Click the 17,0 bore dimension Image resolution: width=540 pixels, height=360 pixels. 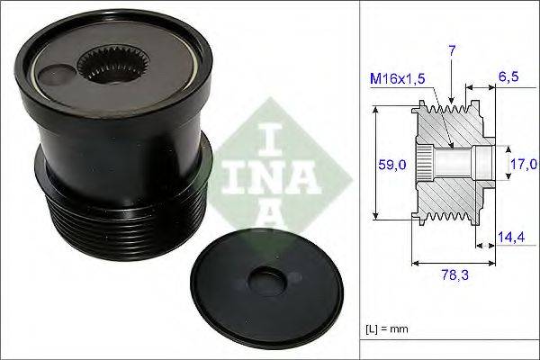click(523, 165)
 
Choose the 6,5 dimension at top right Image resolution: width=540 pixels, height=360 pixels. click(508, 78)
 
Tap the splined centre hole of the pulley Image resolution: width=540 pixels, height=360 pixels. click(109, 66)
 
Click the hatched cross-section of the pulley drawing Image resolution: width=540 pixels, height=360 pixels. click(450, 207)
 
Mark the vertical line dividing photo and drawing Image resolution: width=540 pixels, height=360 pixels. click(360, 180)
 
